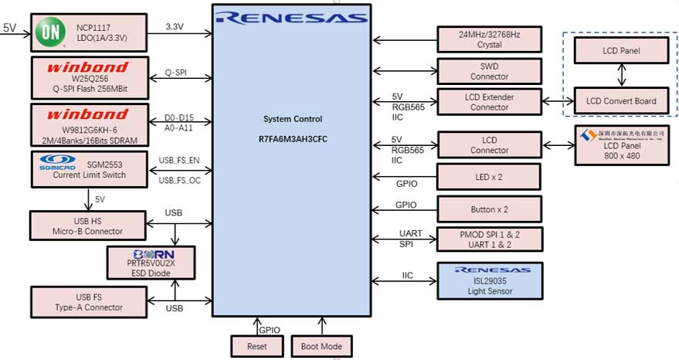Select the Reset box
[257, 346]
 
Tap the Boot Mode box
[321, 346]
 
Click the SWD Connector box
[489, 71]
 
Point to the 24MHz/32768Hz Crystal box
[489, 39]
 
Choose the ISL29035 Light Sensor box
[489, 276]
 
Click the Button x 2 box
[489, 209]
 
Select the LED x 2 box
[489, 177]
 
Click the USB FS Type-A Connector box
[88, 302]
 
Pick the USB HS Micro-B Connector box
[88, 225]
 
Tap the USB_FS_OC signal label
[179, 181]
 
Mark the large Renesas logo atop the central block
[291, 16]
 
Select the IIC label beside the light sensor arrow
[407, 275]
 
